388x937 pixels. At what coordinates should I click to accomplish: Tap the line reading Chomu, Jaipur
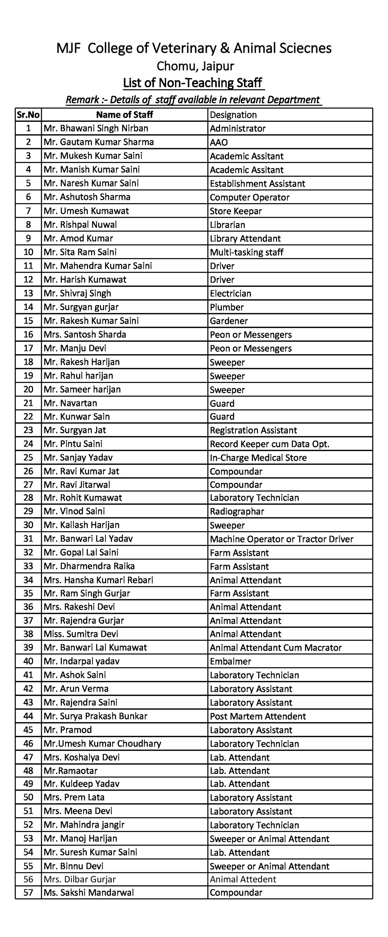click(x=195, y=66)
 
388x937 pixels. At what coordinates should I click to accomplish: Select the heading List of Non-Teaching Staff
click(x=192, y=83)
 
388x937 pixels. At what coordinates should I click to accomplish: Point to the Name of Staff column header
click(x=125, y=115)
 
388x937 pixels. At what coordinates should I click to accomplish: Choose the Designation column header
click(x=233, y=115)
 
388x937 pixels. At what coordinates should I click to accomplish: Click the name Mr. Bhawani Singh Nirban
click(x=96, y=128)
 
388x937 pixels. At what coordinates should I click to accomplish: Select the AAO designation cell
click(x=219, y=142)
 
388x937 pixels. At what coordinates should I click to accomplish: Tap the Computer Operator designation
click(x=249, y=197)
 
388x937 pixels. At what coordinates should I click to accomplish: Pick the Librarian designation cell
click(x=227, y=225)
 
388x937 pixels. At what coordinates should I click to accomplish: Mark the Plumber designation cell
click(x=227, y=307)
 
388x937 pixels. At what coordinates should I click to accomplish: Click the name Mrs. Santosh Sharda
click(x=85, y=334)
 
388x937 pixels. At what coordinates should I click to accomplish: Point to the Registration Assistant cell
click(x=253, y=430)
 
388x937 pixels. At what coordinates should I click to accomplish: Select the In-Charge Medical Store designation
click(x=258, y=457)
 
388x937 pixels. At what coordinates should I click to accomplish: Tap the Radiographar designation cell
click(x=237, y=511)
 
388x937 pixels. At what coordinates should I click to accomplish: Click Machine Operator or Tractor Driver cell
click(x=281, y=539)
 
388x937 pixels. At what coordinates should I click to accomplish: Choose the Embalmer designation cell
click(x=230, y=661)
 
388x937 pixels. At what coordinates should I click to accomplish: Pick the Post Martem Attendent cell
click(x=258, y=716)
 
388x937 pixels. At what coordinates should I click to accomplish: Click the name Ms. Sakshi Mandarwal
click(x=89, y=892)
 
